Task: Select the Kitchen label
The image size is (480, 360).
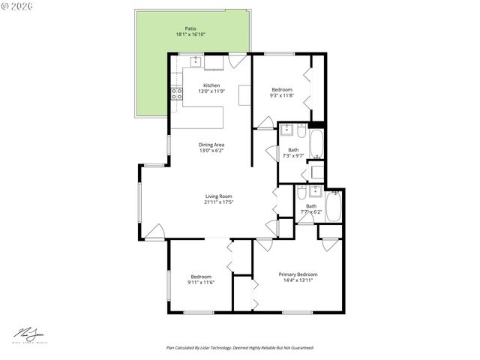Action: click(211, 85)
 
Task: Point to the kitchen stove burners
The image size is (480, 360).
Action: click(178, 94)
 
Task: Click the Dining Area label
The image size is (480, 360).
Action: click(211, 145)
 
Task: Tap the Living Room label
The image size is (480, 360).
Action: click(219, 196)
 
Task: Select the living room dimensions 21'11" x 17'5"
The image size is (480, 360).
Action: click(219, 202)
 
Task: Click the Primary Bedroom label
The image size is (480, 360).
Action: click(298, 274)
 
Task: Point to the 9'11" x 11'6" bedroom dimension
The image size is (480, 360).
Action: click(202, 282)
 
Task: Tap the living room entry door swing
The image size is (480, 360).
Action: click(154, 232)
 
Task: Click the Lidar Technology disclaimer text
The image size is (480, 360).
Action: click(240, 348)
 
